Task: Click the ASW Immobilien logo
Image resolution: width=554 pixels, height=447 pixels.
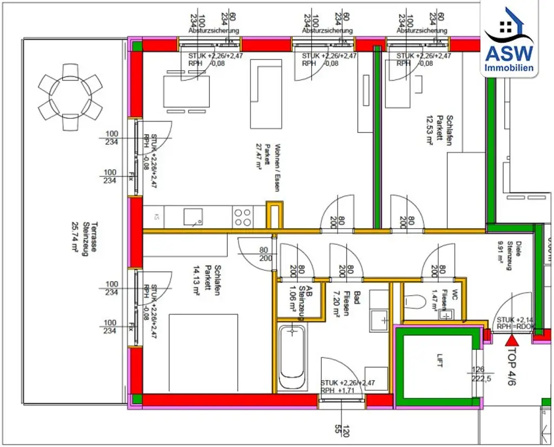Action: [509, 41]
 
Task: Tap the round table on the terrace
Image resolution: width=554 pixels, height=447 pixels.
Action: [70, 97]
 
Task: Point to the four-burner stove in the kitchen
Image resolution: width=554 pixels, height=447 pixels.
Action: [242, 217]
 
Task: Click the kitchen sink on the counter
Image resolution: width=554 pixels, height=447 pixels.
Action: [193, 217]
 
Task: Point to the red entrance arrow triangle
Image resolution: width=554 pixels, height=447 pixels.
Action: [512, 340]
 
